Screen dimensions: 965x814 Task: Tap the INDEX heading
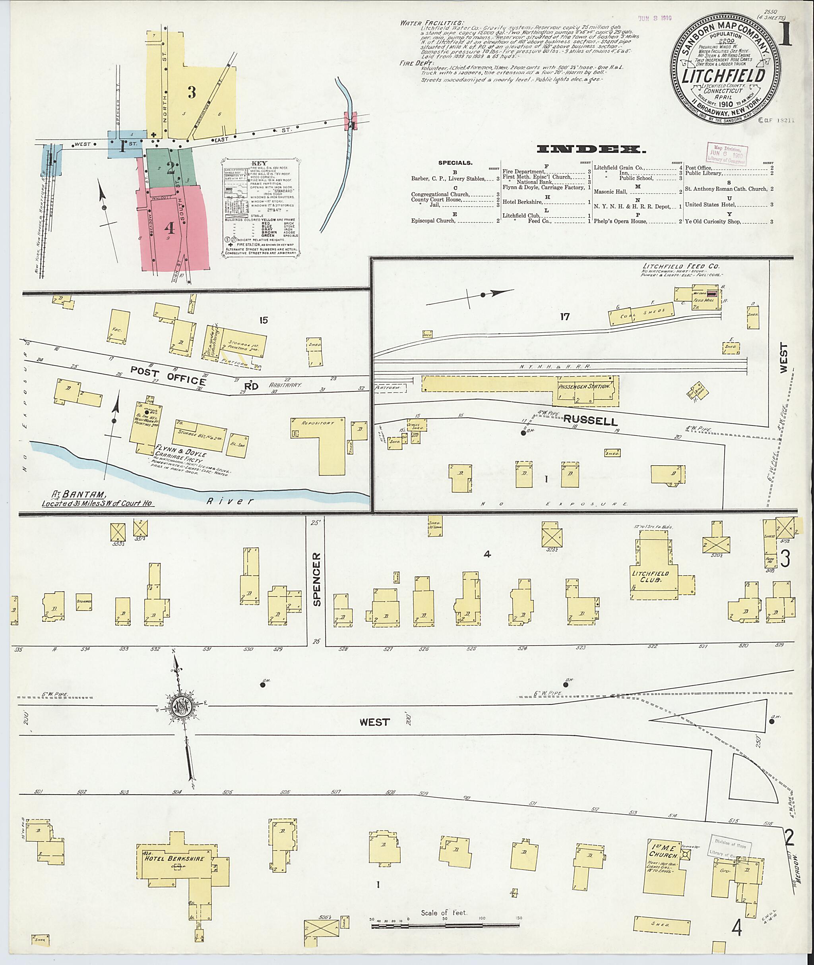pyautogui.click(x=591, y=149)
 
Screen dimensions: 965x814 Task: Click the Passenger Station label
pyautogui.click(x=584, y=386)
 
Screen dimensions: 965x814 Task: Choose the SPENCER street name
pyautogui.click(x=316, y=579)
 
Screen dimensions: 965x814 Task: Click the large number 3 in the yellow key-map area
pyautogui.click(x=192, y=92)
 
